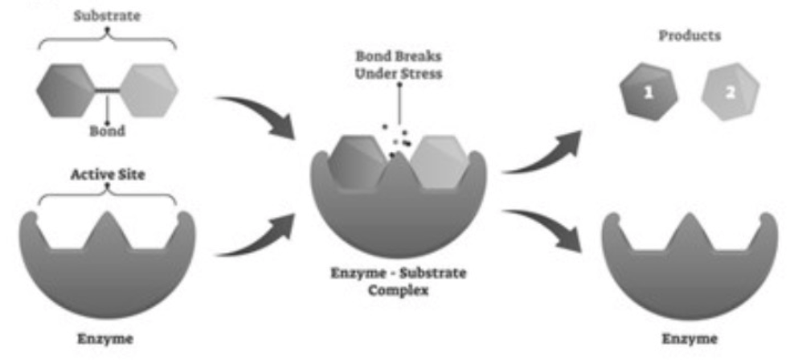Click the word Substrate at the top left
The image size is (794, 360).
[107, 15]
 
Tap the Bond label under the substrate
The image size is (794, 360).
[106, 131]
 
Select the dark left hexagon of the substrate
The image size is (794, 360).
[69, 92]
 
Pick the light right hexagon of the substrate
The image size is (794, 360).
[146, 91]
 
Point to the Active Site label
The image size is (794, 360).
[107, 174]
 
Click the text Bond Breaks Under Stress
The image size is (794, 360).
[399, 65]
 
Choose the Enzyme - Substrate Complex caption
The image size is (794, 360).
[399, 280]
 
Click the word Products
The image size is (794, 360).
[690, 36]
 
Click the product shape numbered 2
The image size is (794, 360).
[728, 92]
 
